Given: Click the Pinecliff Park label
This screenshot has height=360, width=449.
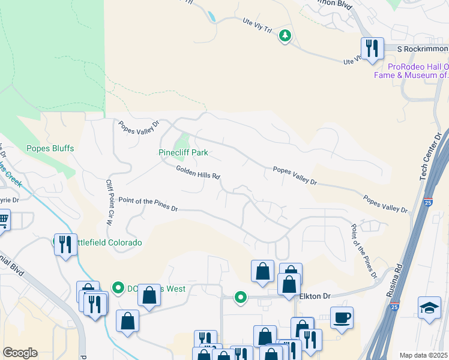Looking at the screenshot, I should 183,152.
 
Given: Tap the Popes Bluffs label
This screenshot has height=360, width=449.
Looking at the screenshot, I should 50,148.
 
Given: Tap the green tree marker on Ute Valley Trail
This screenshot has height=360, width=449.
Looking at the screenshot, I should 285,37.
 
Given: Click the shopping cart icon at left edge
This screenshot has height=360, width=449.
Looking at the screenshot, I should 3,220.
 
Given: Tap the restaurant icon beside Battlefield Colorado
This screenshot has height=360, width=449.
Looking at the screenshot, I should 65,244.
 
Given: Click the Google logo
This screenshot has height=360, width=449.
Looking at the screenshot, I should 20,353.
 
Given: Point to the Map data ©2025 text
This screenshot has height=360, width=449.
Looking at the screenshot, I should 423,355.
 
